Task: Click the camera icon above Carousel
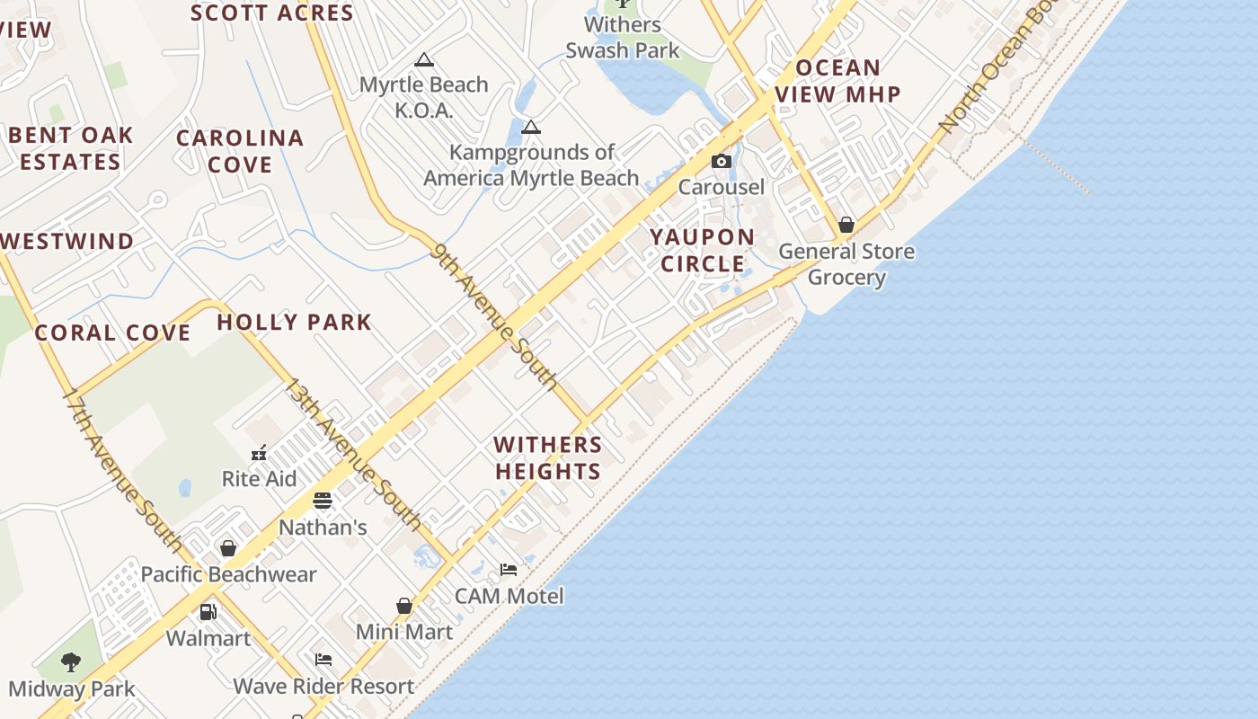click(721, 162)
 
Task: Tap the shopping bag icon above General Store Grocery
click(846, 225)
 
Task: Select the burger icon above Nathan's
click(323, 501)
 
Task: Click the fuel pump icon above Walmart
click(208, 612)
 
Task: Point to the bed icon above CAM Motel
click(509, 570)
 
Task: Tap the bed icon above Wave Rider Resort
click(323, 660)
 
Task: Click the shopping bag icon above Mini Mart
click(404, 607)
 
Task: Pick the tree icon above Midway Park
click(71, 663)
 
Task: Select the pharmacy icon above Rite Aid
click(259, 453)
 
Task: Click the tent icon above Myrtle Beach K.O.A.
click(424, 60)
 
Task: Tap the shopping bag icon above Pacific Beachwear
click(228, 548)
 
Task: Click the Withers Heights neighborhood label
click(547, 457)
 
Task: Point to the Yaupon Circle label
click(702, 251)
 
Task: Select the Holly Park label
click(294, 322)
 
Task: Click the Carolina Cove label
click(240, 151)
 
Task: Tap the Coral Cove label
click(112, 333)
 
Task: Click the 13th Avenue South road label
click(352, 453)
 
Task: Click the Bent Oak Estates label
click(70, 148)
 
